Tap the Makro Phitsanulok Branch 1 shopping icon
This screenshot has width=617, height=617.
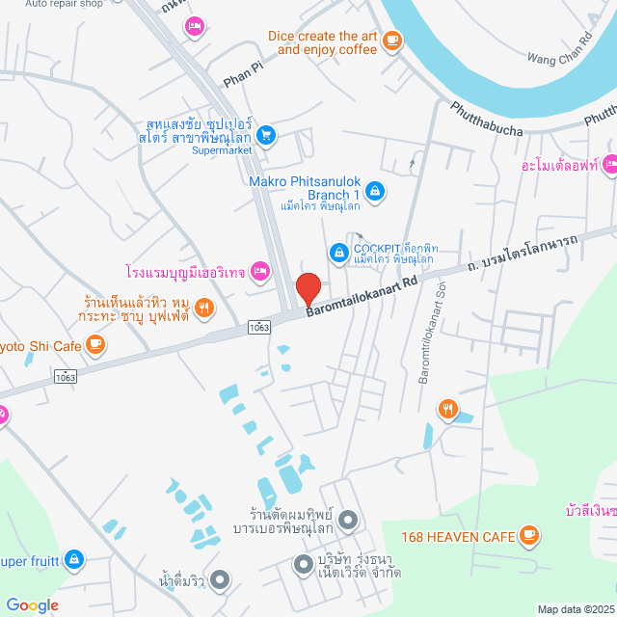[x=377, y=192]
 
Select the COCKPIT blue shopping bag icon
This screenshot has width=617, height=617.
[x=338, y=253]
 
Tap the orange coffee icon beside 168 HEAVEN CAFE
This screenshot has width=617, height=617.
[x=527, y=533]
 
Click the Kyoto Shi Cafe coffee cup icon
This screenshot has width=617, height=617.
[x=94, y=342]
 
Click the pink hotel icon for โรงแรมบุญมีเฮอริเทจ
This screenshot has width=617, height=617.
[x=258, y=272]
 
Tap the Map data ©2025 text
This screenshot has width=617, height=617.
[x=574, y=608]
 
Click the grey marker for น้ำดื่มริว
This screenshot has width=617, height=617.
[x=221, y=580]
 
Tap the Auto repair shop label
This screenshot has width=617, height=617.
[x=64, y=4]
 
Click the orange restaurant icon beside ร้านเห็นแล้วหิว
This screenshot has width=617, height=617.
[x=203, y=308]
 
